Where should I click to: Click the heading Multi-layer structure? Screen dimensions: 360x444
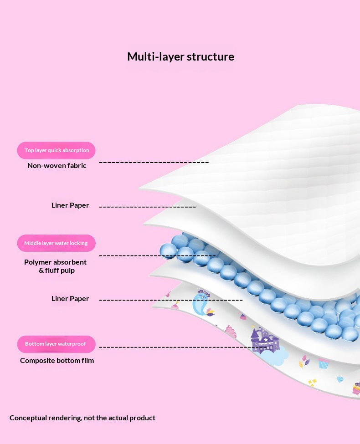[180, 56]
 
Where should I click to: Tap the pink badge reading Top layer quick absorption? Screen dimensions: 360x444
[56, 150]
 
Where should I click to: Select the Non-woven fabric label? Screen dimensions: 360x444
[57, 166]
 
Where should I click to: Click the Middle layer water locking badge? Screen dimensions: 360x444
[56, 243]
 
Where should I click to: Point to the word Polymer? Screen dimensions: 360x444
[36, 262]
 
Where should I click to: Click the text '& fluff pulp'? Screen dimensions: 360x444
[57, 270]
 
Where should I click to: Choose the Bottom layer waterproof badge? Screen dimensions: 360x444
[56, 344]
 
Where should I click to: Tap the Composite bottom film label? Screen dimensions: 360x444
[57, 361]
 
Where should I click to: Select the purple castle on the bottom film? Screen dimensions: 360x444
[265, 340]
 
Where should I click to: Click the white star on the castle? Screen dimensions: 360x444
[266, 340]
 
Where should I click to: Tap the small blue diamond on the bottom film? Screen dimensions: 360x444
[340, 379]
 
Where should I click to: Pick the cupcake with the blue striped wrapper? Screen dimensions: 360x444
[324, 363]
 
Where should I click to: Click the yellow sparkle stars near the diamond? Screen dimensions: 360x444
[312, 382]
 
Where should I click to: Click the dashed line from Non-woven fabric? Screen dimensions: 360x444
[154, 163]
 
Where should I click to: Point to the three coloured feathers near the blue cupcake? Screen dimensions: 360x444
[304, 361]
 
